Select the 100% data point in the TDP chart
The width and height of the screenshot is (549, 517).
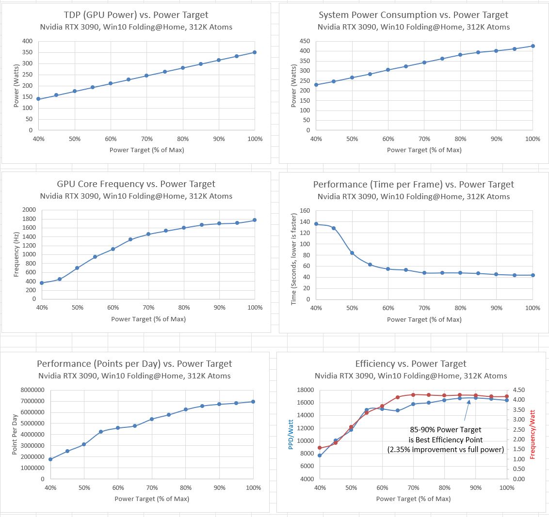click(x=255, y=52)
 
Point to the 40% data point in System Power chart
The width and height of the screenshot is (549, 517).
click(x=316, y=85)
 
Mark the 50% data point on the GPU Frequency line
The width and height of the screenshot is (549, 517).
click(x=77, y=268)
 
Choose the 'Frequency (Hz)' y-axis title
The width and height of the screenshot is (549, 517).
click(x=16, y=254)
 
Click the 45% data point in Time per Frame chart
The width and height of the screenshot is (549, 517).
click(x=334, y=228)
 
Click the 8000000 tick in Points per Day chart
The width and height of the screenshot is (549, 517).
click(x=29, y=390)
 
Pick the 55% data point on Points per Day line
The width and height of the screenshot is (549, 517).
click(x=101, y=432)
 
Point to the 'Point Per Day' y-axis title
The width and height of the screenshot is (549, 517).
click(x=15, y=434)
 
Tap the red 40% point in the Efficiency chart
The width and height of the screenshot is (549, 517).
click(x=320, y=448)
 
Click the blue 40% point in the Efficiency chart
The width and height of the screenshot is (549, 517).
click(x=320, y=455)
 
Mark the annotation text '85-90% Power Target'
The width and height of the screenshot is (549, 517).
click(x=446, y=430)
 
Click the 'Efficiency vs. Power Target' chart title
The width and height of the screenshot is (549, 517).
click(x=410, y=364)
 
